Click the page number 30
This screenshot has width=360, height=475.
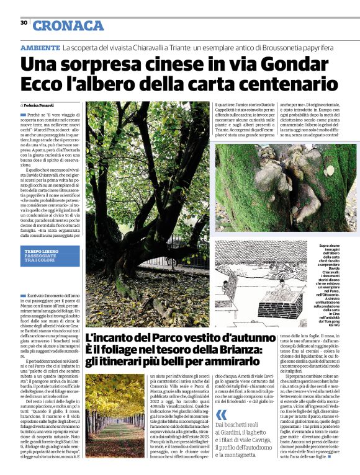pyautogui.click(x=24, y=22)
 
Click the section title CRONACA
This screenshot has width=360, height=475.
pyautogui.click(x=68, y=25)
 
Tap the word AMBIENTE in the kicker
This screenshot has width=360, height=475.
pyautogui.click(x=40, y=48)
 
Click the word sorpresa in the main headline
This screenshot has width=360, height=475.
pyautogui.click(x=112, y=64)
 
